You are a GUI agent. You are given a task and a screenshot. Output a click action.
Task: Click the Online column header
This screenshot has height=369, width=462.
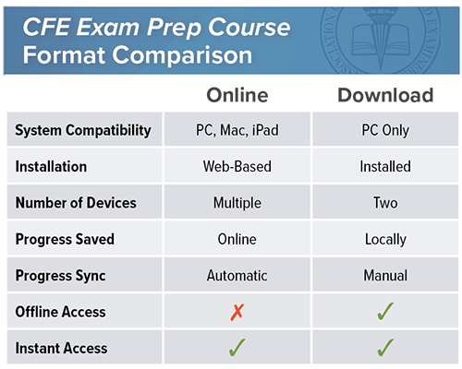[x=237, y=95]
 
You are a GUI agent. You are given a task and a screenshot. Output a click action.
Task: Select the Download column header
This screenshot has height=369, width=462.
[x=385, y=95]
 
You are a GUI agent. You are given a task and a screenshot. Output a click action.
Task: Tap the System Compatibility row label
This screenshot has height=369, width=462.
[x=83, y=130]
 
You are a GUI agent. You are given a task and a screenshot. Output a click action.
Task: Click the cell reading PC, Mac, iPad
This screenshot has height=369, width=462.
[x=237, y=130]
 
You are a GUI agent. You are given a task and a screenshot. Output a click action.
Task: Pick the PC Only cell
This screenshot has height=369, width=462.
[x=385, y=130]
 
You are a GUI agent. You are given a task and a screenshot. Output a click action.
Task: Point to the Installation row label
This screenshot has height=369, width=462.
[x=51, y=167]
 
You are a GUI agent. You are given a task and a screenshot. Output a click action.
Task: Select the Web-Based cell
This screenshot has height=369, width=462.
[x=237, y=167]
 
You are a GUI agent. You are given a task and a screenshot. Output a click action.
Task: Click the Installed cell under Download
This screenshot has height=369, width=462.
[x=385, y=167]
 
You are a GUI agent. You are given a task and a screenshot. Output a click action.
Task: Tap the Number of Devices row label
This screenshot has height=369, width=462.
[x=76, y=203]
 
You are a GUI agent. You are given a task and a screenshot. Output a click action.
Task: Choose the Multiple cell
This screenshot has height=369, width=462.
[x=237, y=203]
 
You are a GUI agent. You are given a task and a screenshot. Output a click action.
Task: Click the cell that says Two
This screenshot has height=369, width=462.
[x=385, y=203]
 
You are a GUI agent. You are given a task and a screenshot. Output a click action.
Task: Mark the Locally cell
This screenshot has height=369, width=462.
[x=385, y=240]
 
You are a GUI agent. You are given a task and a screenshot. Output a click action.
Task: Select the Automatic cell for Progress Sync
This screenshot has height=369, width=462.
[x=237, y=276]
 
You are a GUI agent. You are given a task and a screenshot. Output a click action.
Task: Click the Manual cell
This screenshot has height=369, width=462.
[x=385, y=276]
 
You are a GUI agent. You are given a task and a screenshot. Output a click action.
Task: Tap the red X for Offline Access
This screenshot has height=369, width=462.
[x=237, y=313]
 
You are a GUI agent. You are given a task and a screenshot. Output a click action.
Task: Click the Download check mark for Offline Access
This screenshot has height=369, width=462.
[x=385, y=311]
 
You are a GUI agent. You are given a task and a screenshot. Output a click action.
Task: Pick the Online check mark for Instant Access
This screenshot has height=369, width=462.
[x=237, y=348]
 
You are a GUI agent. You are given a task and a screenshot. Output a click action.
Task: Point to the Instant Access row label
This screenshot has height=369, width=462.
[x=62, y=349]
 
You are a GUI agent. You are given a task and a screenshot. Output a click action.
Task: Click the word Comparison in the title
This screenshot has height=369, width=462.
[x=182, y=55]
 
